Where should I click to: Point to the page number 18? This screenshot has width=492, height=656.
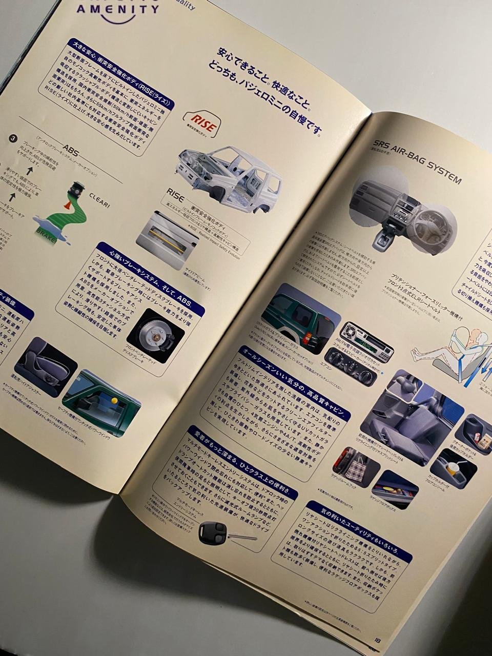(x=377, y=640)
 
